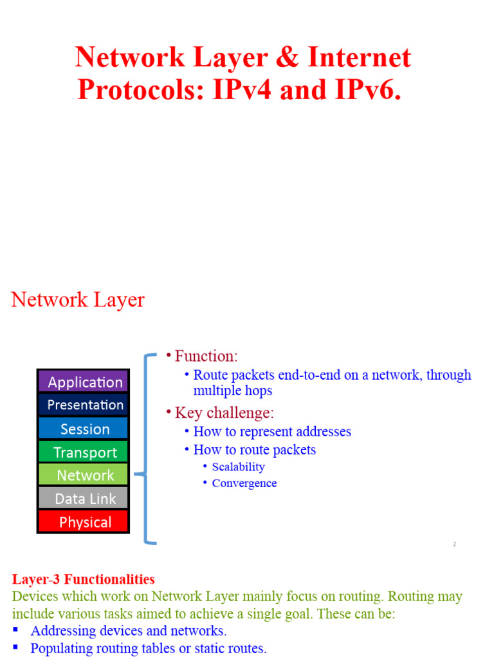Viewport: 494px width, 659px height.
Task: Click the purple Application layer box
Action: point(84,382)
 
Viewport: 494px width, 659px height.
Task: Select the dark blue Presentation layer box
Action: point(84,405)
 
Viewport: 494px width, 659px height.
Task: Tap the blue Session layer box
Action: point(84,429)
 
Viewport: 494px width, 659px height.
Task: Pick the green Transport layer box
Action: point(84,452)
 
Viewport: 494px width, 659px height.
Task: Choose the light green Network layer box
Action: point(84,475)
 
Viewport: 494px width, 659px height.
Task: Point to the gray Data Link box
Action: point(84,498)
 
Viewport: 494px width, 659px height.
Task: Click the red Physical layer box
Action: point(84,522)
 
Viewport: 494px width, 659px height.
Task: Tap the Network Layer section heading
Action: point(78,300)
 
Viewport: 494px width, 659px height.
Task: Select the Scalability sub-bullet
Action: point(238,467)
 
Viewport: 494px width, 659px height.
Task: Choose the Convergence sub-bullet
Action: point(244,483)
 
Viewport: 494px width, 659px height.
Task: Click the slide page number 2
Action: point(454,544)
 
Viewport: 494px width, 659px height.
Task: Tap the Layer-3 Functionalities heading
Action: point(83,580)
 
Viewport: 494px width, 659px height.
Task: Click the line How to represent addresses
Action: point(272,432)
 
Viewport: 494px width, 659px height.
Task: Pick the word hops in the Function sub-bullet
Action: point(258,391)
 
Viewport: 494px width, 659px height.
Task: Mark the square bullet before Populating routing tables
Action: point(16,647)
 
